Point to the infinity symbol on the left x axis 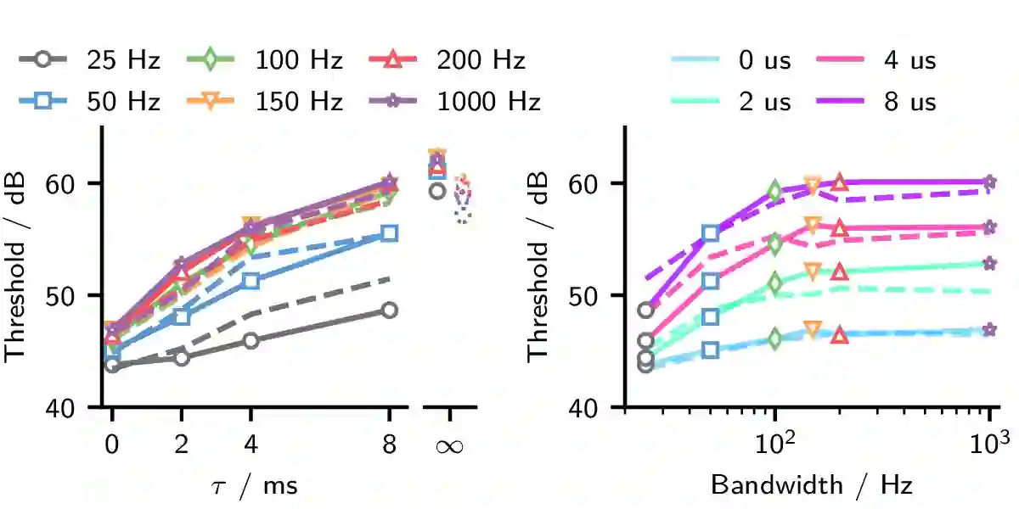point(449,445)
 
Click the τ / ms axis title point(252,485)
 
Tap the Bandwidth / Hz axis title point(811,485)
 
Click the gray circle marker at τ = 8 point(389,310)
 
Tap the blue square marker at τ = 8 point(389,232)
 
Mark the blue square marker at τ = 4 point(251,281)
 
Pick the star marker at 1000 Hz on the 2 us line point(990,264)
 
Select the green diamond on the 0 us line point(774,338)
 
